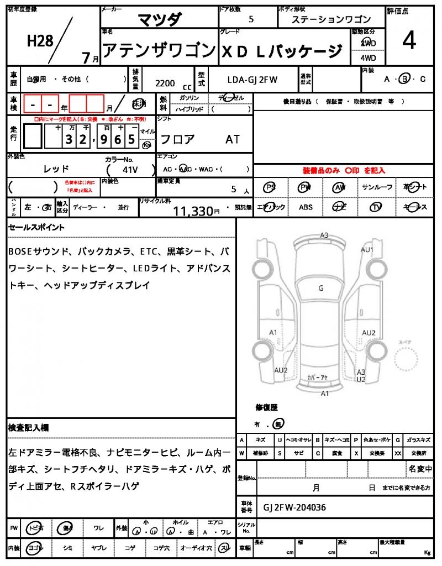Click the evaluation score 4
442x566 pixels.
coord(409,41)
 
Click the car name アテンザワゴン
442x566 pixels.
coord(158,51)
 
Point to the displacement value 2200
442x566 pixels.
coord(165,83)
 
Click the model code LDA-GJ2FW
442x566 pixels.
coord(252,80)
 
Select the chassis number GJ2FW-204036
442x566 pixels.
coord(294,507)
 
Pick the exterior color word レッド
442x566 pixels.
coord(56,169)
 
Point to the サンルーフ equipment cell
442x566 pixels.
coord(377,187)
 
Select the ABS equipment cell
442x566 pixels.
coord(306,207)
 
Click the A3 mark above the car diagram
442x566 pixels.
coord(324,235)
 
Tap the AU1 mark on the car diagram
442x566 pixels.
coord(367,250)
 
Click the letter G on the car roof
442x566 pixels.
coord(320,288)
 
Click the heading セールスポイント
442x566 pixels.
coord(36,227)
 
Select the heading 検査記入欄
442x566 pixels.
coord(29,428)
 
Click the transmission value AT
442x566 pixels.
coord(233,139)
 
